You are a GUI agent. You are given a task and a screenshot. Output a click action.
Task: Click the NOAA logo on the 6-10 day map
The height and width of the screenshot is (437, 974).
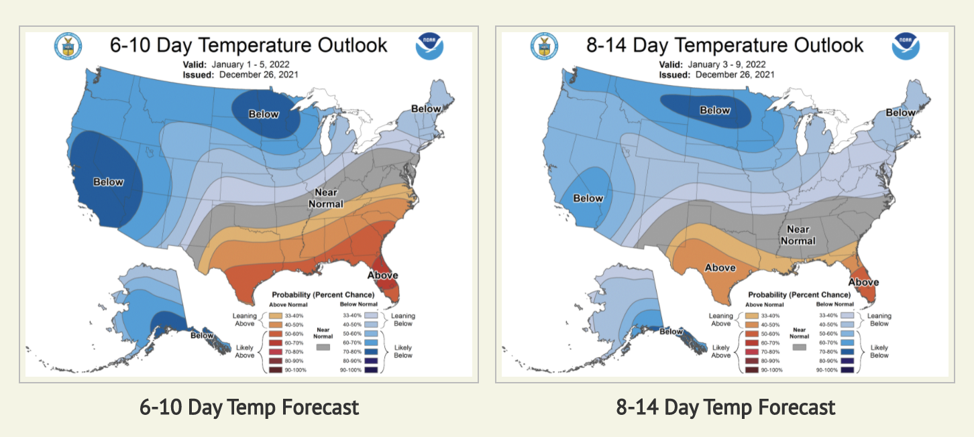pyautogui.click(x=429, y=46)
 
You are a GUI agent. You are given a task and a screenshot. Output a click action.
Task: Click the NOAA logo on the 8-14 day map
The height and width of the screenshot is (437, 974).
pyautogui.click(x=906, y=46)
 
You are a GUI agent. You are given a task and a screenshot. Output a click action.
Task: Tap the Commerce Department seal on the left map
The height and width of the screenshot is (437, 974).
pyautogui.click(x=67, y=46)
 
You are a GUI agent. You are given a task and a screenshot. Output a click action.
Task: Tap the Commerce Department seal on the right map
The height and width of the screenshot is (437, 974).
pyautogui.click(x=544, y=46)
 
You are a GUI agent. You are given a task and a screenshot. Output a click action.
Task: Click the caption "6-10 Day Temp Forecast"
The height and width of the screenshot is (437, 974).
pyautogui.click(x=249, y=407)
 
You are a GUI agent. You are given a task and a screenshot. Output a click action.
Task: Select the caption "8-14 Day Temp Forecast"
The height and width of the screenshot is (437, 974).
pyautogui.click(x=725, y=407)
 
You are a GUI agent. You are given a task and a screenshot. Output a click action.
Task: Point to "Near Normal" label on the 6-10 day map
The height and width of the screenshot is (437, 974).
pyautogui.click(x=325, y=198)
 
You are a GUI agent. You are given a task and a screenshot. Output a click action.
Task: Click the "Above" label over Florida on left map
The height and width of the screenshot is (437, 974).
pyautogui.click(x=383, y=275)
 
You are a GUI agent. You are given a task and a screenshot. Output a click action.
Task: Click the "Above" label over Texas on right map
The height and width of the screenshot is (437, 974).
pyautogui.click(x=720, y=267)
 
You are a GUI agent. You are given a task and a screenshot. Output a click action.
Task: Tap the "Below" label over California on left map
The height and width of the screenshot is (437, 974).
pyautogui.click(x=108, y=182)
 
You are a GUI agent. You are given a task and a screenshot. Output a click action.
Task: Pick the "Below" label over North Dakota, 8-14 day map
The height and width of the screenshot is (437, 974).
pyautogui.click(x=715, y=110)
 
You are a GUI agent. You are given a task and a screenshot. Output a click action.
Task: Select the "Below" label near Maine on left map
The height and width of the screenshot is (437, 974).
pyautogui.click(x=426, y=109)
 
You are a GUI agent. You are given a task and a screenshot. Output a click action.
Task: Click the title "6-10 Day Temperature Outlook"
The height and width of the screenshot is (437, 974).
pyautogui.click(x=249, y=45)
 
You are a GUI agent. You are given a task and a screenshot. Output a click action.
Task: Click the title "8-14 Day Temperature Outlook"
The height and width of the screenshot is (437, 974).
pyautogui.click(x=725, y=45)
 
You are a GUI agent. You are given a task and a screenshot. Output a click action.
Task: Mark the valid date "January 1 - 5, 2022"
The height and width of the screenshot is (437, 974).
pyautogui.click(x=254, y=64)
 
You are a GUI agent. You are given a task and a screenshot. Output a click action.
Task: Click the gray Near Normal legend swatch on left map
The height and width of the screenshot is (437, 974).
pyautogui.click(x=323, y=349)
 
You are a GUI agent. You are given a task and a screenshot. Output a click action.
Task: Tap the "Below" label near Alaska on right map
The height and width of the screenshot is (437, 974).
pyautogui.click(x=671, y=331)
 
